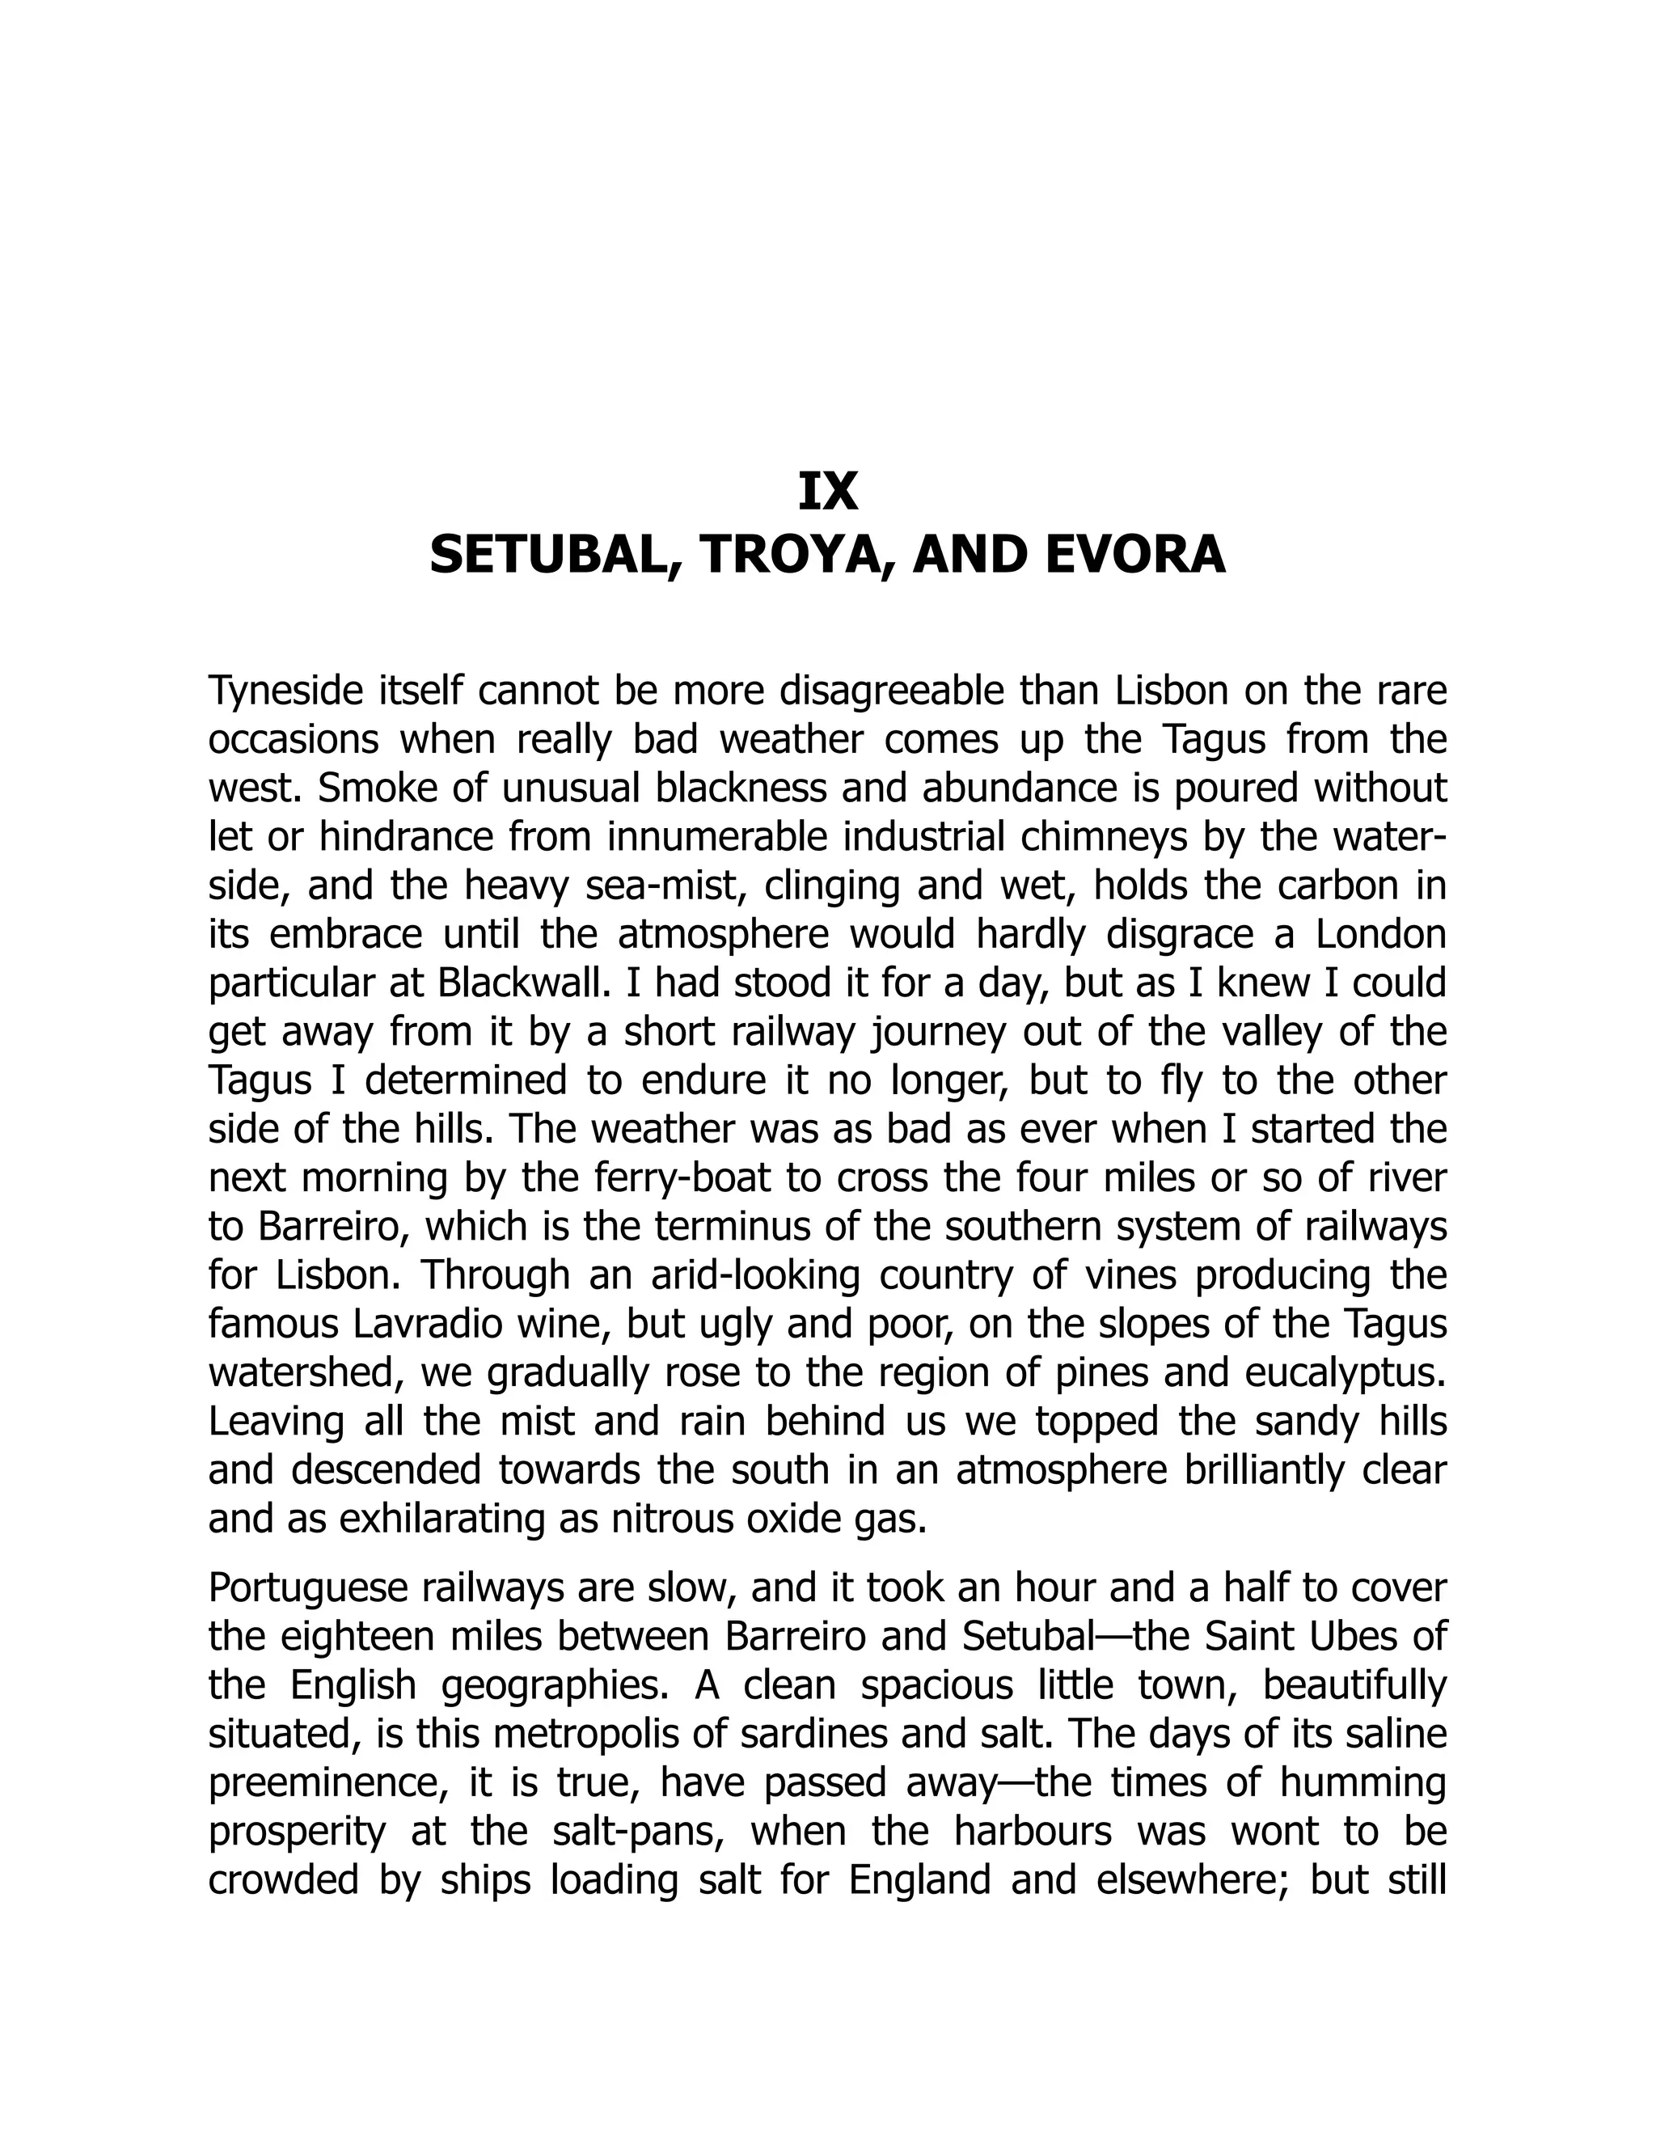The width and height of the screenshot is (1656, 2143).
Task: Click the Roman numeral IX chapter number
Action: coord(828,492)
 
